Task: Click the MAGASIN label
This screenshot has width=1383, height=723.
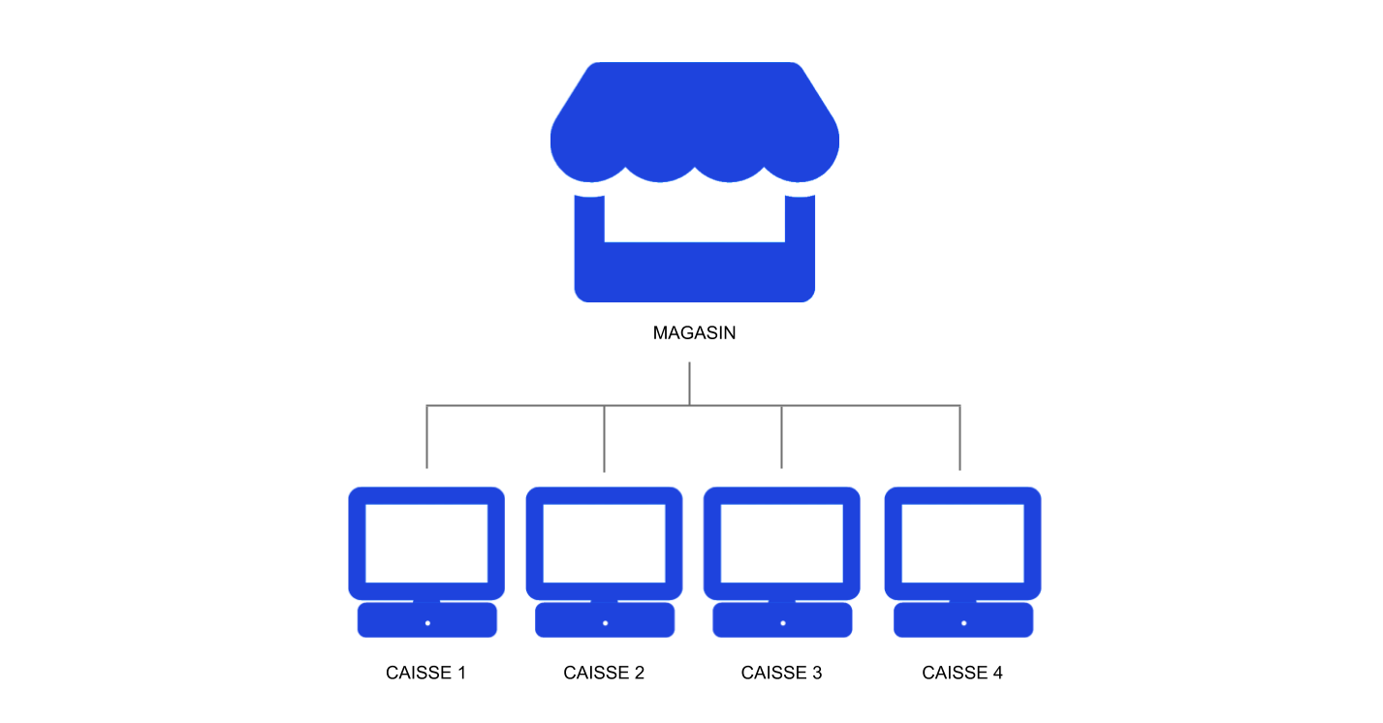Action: click(694, 333)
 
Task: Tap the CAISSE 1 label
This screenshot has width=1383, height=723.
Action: click(425, 673)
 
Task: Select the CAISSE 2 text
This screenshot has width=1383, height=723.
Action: click(604, 673)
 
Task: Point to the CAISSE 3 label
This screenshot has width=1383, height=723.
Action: click(781, 673)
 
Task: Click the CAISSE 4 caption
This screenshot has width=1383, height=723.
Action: click(961, 673)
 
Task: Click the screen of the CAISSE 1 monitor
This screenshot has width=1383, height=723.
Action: click(426, 543)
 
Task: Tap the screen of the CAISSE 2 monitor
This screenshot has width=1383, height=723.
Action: click(604, 543)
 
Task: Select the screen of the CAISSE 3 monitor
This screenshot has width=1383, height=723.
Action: click(781, 543)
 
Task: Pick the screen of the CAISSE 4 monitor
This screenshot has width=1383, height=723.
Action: click(962, 543)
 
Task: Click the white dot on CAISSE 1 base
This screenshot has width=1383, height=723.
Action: click(427, 622)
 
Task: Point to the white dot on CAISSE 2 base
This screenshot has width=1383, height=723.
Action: click(605, 622)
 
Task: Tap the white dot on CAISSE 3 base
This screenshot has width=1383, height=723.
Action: click(782, 622)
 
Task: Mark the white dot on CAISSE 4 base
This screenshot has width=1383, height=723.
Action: click(963, 622)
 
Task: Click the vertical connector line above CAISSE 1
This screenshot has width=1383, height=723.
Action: click(427, 436)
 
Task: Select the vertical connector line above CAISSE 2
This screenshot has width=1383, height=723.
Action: click(605, 438)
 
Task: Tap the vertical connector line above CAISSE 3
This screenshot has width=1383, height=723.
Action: click(782, 436)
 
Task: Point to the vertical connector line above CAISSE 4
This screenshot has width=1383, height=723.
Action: click(960, 437)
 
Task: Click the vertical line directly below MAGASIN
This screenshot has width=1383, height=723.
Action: click(689, 384)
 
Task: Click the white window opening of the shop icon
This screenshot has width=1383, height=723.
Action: click(694, 219)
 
